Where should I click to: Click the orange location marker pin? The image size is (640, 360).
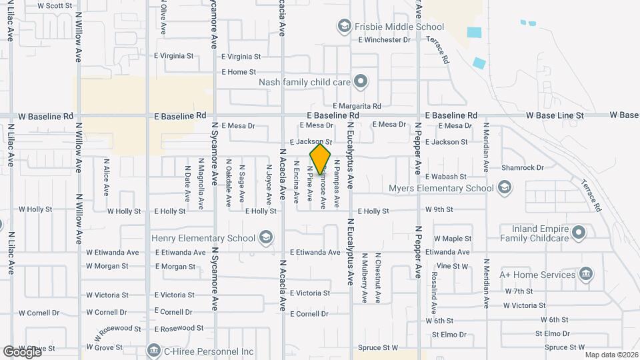[x=321, y=159]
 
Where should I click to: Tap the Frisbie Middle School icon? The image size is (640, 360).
[x=345, y=27]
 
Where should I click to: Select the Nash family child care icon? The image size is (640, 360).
[x=361, y=82]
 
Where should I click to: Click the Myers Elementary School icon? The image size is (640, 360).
[x=505, y=188]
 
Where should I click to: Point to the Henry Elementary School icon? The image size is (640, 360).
[x=265, y=238]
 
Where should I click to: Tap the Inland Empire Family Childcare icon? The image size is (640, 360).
[x=579, y=233]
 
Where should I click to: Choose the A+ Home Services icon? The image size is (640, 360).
[x=586, y=274]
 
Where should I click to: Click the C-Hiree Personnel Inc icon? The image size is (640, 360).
[x=153, y=351]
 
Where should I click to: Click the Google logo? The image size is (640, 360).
[x=22, y=351]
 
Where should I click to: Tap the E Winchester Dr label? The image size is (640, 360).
[x=384, y=40]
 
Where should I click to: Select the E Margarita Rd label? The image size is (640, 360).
[x=357, y=106]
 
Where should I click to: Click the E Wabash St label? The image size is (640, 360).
[x=445, y=177]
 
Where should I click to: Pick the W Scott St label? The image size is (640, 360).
[x=55, y=5]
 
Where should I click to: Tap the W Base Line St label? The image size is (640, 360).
[x=555, y=115]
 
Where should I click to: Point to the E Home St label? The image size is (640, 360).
[x=239, y=72]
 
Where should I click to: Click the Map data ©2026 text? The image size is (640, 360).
[x=611, y=355]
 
